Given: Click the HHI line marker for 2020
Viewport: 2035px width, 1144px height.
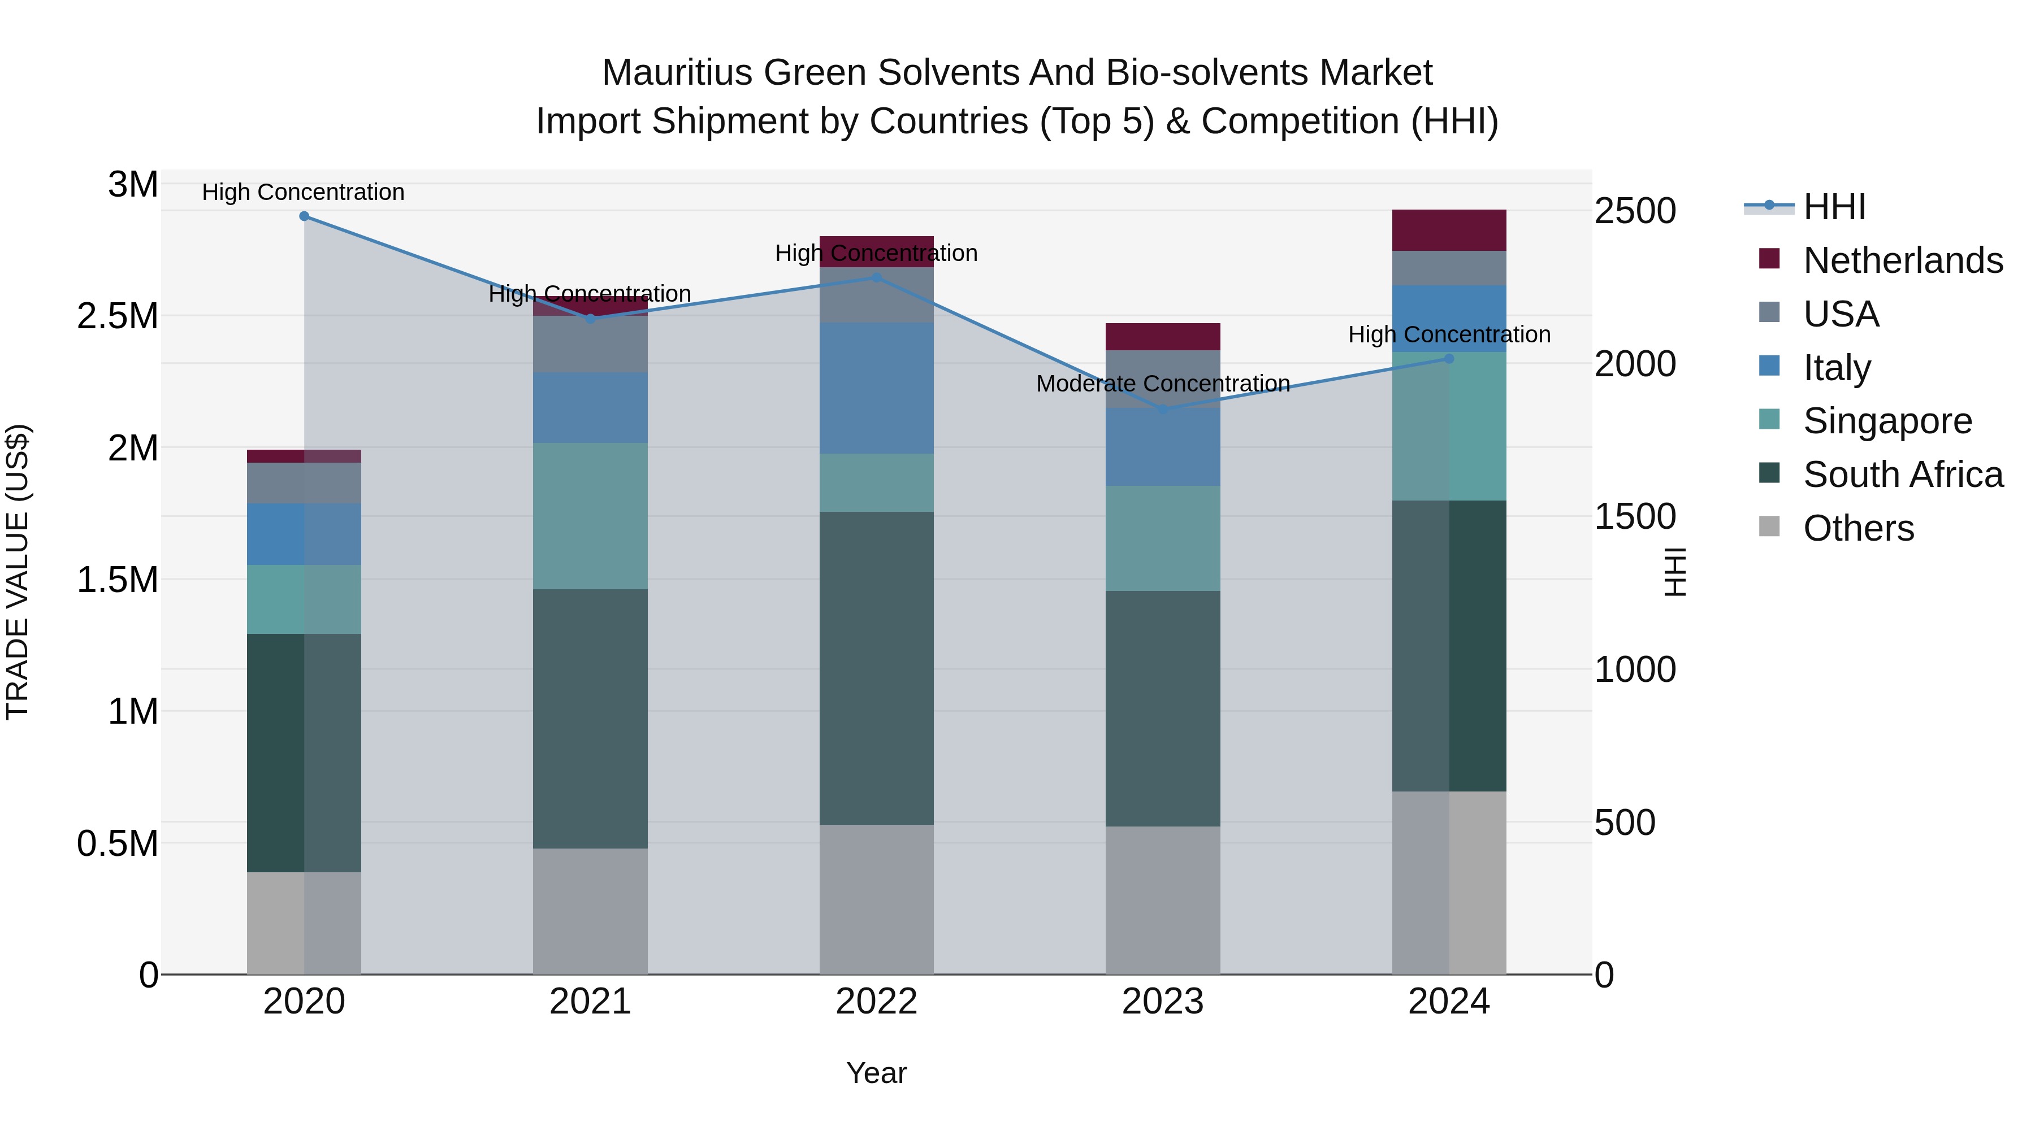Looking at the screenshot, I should pos(304,216).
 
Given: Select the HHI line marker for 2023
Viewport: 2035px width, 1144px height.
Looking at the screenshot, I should pos(1163,409).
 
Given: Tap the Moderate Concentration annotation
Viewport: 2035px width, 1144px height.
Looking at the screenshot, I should pos(1163,384).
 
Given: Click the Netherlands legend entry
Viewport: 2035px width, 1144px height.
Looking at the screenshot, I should pos(1902,260).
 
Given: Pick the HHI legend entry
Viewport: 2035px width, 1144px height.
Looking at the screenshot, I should pos(1834,207).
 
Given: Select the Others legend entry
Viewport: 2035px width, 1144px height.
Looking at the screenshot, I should pos(1858,528).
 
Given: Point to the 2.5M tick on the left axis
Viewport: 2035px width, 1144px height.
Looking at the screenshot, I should pos(118,316).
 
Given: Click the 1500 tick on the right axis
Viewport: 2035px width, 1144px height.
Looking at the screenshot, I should pos(1634,517).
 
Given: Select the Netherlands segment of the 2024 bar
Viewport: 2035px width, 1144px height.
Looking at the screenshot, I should pos(1449,230).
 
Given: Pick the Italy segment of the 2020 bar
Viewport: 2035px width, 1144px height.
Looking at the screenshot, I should pos(304,534).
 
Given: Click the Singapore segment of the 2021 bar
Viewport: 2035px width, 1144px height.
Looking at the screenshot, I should pos(590,516).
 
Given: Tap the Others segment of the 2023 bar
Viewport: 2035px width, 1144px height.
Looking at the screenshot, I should pos(1163,900).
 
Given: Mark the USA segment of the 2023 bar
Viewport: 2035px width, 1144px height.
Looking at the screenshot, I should pos(1163,379).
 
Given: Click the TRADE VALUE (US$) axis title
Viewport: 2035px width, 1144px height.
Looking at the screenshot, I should pos(18,572).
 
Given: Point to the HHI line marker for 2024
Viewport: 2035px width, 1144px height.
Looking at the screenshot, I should pos(1449,358).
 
